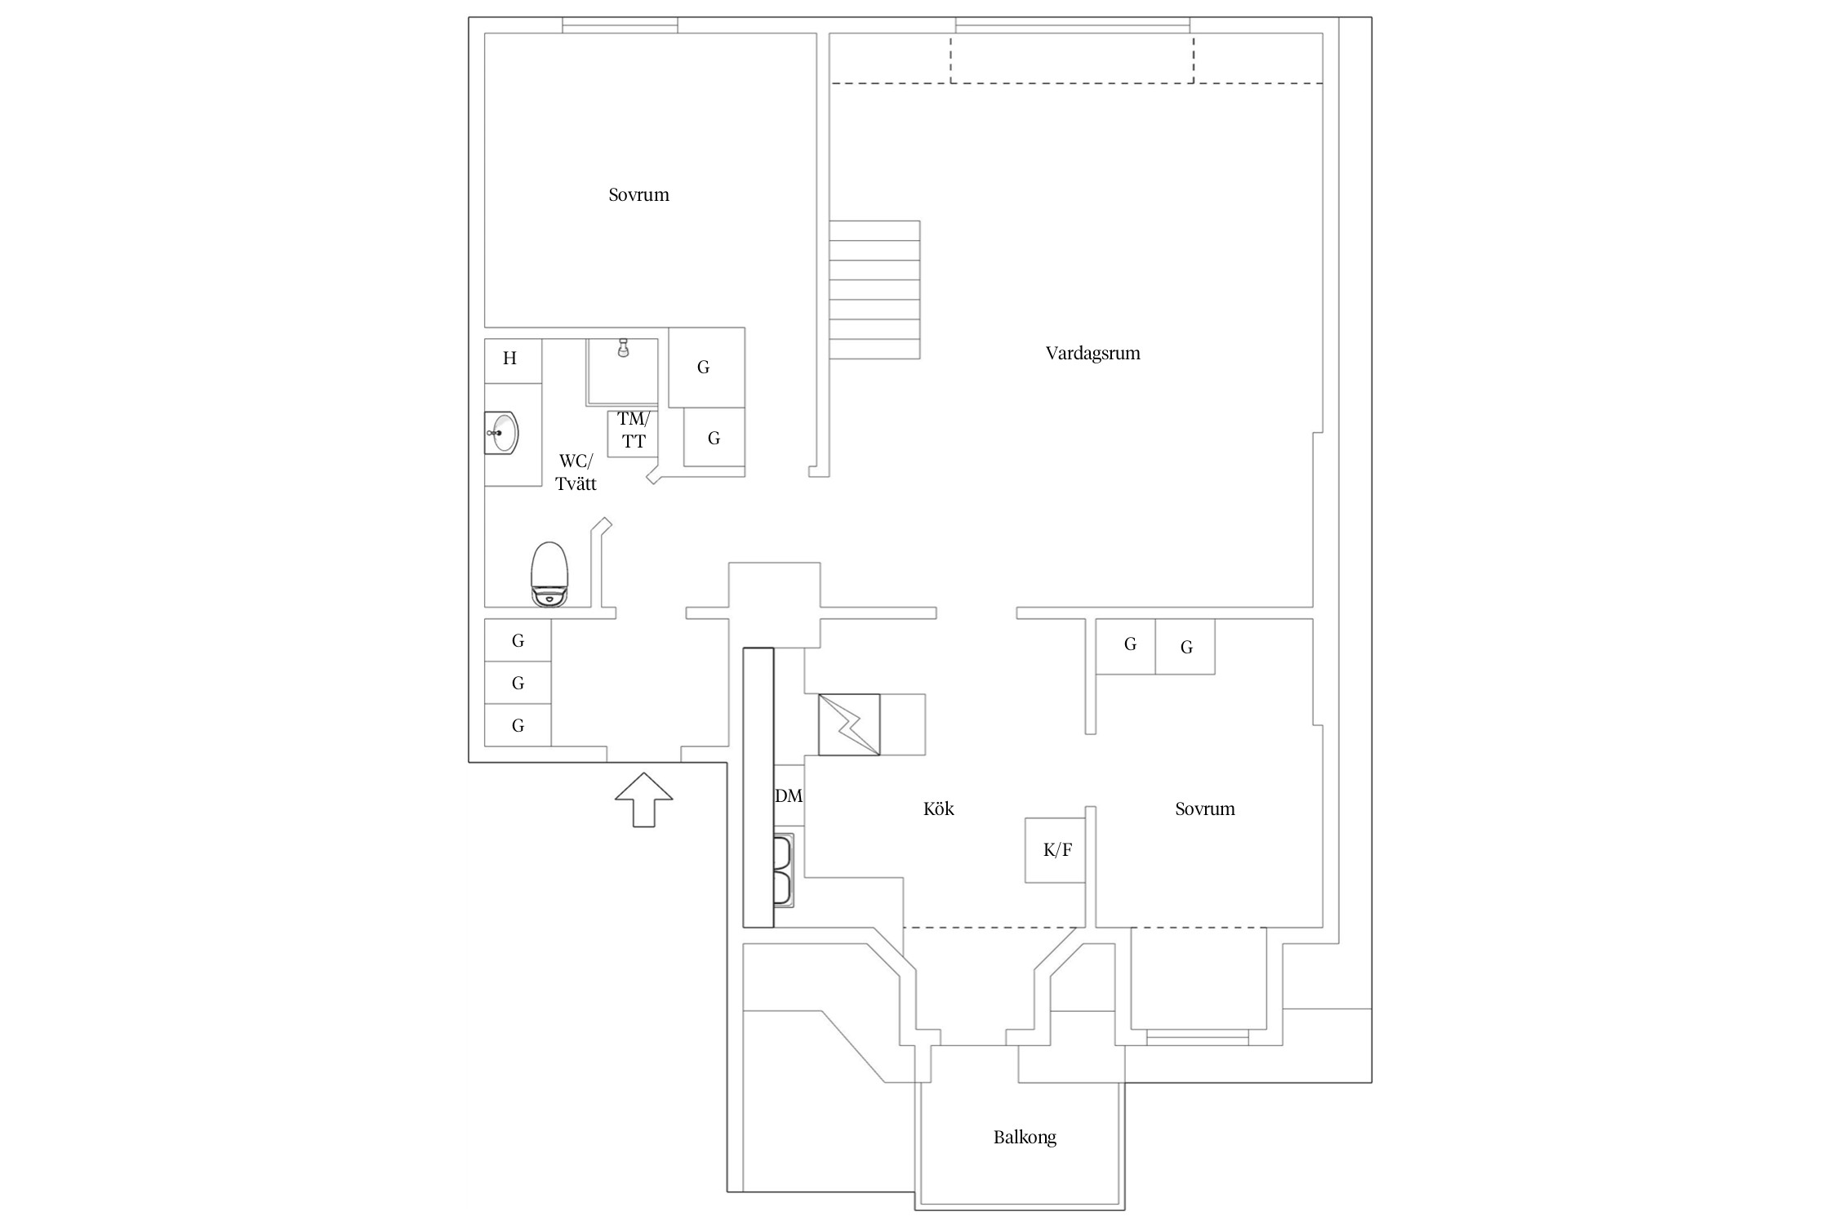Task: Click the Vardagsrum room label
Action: (x=1092, y=354)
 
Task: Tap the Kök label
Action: (x=938, y=808)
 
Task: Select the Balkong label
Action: (x=1025, y=1138)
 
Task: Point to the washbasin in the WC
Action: (x=500, y=434)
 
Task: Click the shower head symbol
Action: (x=623, y=348)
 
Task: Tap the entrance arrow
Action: (x=643, y=800)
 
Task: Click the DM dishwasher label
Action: (x=789, y=795)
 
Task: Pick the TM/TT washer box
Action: (x=633, y=433)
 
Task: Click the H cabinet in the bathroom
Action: (x=514, y=361)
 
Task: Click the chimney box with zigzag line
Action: (x=849, y=724)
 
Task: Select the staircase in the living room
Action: (x=874, y=290)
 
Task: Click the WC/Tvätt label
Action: (x=576, y=472)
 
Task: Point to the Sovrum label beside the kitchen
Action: (x=1205, y=809)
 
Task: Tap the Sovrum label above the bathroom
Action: (x=638, y=195)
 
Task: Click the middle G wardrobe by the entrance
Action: (x=518, y=683)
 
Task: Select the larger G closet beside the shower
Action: (x=706, y=367)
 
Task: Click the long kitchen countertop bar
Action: (x=758, y=787)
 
